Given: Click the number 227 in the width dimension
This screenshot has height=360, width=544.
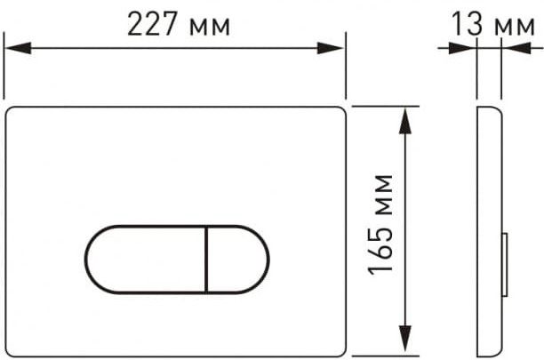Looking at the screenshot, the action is click(x=153, y=24).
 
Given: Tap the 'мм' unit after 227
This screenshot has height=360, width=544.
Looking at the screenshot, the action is click(x=210, y=27).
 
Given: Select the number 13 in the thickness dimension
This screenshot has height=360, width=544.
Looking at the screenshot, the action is click(x=467, y=24).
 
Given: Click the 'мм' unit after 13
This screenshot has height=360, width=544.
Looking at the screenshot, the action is click(x=515, y=27).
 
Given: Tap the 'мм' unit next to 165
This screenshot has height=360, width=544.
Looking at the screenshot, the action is click(x=384, y=196).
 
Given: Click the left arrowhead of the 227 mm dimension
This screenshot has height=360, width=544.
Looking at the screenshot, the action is click(x=18, y=48).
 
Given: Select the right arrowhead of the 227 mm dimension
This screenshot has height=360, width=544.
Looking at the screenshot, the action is click(x=331, y=48).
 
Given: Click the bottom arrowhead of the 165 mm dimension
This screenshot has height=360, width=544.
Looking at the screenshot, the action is click(x=405, y=340).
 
